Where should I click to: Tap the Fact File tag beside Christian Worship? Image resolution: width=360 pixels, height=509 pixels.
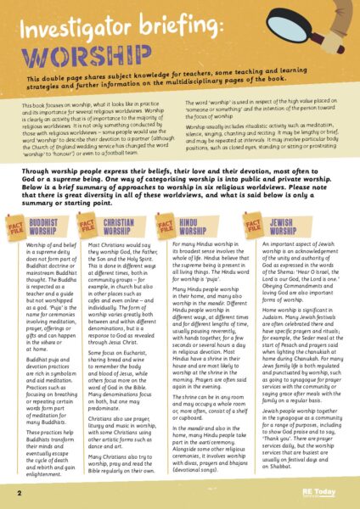(x=87, y=227)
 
